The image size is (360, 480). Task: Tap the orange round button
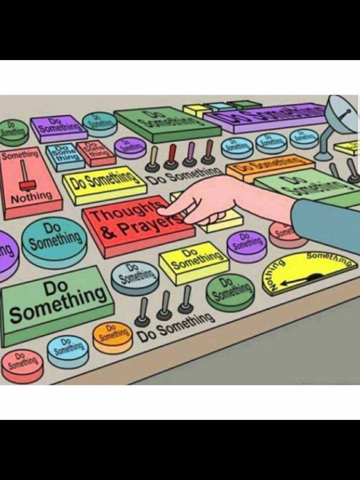112,337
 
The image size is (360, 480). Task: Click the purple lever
190,154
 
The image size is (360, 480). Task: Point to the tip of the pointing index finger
162,211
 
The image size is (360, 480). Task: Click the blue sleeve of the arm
328,225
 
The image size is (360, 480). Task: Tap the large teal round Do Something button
54,240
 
